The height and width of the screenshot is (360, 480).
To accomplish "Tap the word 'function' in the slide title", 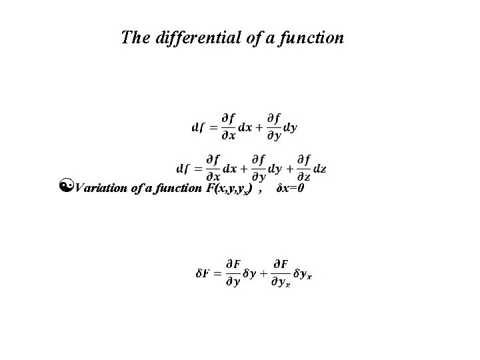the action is (313, 37).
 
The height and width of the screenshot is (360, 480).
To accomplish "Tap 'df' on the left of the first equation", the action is (198, 127).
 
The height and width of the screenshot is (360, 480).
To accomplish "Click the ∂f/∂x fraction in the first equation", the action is (228, 127).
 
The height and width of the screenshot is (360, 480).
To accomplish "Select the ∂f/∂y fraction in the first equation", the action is (273, 127).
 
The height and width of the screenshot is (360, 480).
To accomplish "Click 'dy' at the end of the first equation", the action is (291, 127).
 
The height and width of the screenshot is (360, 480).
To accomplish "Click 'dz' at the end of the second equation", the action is (320, 169).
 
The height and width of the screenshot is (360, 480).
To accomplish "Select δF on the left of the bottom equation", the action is (203, 275).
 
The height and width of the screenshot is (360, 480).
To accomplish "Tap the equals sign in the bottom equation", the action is (217, 275).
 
